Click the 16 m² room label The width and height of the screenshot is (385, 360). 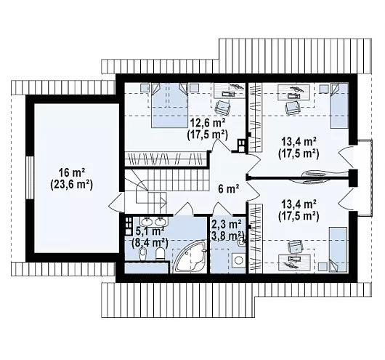click(x=72, y=172)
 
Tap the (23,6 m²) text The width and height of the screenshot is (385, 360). click(x=72, y=185)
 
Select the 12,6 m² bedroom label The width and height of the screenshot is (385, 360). click(x=208, y=123)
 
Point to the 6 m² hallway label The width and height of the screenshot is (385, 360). click(x=229, y=189)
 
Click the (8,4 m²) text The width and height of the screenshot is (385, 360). click(x=150, y=243)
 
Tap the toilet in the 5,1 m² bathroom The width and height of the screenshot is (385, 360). click(x=161, y=254)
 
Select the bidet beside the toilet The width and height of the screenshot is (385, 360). click(x=143, y=254)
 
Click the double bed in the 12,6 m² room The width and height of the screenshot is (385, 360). click(x=169, y=105)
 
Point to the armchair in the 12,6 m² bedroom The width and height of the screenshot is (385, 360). click(x=223, y=108)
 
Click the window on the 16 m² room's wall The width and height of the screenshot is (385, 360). click(x=30, y=177)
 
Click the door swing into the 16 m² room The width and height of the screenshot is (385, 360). click(x=116, y=201)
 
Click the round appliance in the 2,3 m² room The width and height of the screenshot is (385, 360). click(x=238, y=260)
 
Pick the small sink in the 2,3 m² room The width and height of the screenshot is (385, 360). click(x=241, y=242)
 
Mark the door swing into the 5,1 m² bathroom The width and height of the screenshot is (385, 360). click(x=185, y=209)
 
